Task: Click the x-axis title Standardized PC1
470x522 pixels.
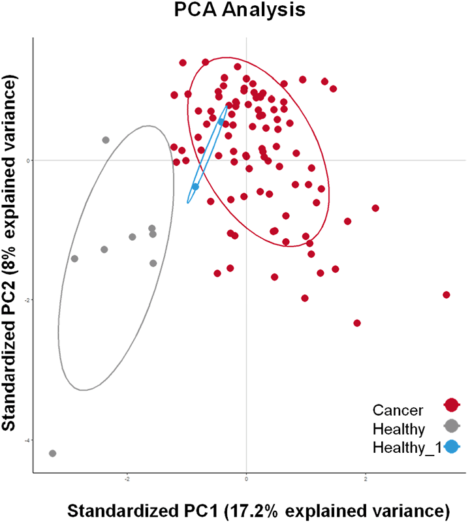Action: click(260, 509)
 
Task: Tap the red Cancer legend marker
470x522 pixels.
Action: click(450, 406)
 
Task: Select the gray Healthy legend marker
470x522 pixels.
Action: click(450, 426)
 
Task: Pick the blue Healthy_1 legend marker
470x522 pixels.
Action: click(450, 447)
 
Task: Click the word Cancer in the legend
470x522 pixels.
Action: click(398, 410)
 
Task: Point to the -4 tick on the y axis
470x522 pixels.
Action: click(27, 440)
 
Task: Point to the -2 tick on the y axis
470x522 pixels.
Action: click(27, 300)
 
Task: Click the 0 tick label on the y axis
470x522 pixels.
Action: click(28, 161)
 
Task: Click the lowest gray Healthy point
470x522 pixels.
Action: click(52, 453)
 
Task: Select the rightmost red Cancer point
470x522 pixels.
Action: click(446, 295)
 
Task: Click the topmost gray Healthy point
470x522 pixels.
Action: click(106, 140)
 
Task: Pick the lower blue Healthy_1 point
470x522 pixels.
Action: click(195, 187)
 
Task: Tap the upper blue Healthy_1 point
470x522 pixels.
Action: click(221, 121)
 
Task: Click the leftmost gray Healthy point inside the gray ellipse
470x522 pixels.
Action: click(74, 258)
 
